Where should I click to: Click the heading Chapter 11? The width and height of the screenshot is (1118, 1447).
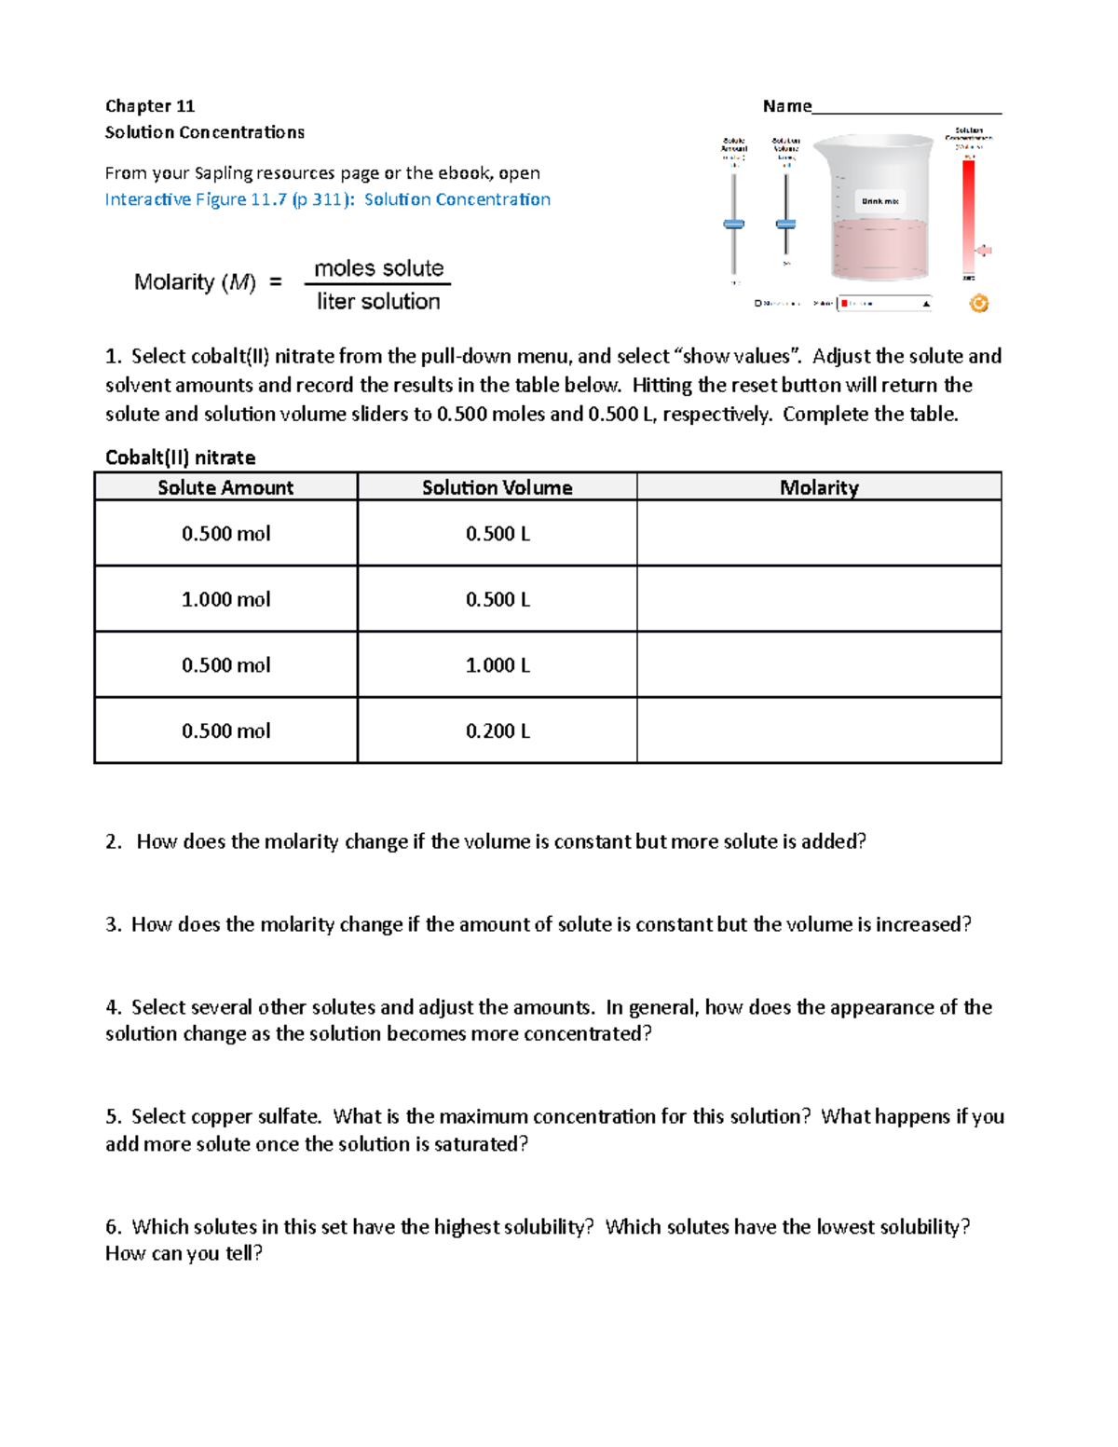149,106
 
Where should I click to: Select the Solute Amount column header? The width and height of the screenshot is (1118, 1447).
225,487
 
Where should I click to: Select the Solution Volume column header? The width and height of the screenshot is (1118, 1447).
497,487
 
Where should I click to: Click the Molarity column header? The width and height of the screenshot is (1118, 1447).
819,487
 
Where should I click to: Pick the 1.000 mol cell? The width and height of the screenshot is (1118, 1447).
225,599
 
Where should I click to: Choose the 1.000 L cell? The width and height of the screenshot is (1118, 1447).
498,665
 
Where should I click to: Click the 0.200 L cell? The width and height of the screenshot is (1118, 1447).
498,731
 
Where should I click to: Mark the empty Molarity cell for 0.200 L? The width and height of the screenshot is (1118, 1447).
819,730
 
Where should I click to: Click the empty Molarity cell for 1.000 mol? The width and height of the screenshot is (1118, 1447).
819,599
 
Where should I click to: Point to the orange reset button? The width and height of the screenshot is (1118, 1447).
978,303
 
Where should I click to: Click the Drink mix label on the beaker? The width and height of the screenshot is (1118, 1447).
879,201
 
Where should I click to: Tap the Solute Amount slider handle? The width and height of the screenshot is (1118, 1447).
734,224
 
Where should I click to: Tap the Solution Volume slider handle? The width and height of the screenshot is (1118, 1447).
786,224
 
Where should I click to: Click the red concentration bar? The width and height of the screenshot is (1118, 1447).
969,214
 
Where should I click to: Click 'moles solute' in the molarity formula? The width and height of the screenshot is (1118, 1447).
379,268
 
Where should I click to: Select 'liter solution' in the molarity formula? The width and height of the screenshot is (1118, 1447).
378,302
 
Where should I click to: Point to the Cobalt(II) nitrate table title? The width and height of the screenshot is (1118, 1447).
180,457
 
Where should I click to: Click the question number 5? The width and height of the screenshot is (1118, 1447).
113,1116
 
